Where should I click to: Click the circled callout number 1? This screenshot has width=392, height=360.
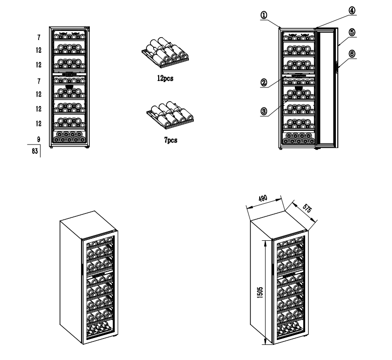[264, 15]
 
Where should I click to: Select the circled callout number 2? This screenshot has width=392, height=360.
[264, 83]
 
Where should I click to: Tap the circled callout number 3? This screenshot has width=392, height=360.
[264, 111]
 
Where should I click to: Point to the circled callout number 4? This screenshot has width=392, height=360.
[352, 11]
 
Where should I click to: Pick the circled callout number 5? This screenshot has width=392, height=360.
[352, 32]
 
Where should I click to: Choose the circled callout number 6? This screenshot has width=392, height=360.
[352, 54]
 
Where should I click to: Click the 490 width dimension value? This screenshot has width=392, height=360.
[263, 199]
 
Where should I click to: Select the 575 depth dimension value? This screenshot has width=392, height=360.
[307, 208]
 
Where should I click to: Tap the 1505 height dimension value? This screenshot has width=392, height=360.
[260, 292]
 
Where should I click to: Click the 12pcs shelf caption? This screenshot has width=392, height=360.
[165, 78]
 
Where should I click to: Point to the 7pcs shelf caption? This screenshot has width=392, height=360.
[171, 140]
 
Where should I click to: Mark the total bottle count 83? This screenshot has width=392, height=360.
[35, 151]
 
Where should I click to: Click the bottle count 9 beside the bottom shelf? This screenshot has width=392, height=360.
[39, 139]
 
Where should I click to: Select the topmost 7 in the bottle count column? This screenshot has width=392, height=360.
[39, 38]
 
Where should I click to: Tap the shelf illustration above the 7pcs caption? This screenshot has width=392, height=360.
[170, 115]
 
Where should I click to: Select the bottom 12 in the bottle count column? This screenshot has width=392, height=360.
[39, 124]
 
